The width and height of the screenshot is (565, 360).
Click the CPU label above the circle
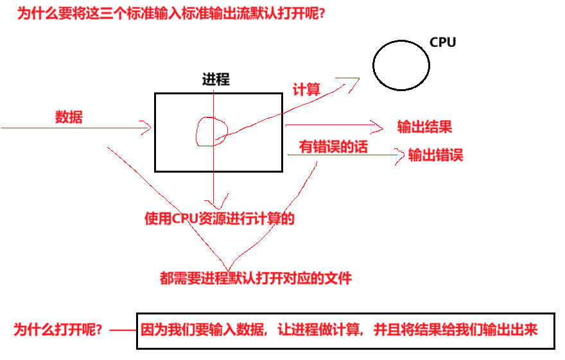(442, 42)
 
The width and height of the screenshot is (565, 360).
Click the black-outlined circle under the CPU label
(401, 65)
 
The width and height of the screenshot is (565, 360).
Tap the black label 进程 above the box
(216, 80)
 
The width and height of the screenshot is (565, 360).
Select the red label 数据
(69, 117)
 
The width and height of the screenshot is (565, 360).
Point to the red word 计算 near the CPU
(306, 89)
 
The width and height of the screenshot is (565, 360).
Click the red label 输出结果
(424, 126)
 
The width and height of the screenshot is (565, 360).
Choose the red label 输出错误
(435, 155)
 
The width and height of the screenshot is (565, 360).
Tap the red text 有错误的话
(333, 147)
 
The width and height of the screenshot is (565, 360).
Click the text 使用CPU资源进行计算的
(220, 219)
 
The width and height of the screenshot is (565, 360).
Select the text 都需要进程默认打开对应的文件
(256, 279)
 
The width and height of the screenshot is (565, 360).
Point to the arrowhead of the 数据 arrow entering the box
(148, 128)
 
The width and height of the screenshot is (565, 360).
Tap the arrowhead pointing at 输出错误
(401, 155)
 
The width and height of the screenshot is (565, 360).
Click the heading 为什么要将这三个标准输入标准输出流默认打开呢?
(170, 13)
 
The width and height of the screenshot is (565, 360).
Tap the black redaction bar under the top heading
(177, 47)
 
